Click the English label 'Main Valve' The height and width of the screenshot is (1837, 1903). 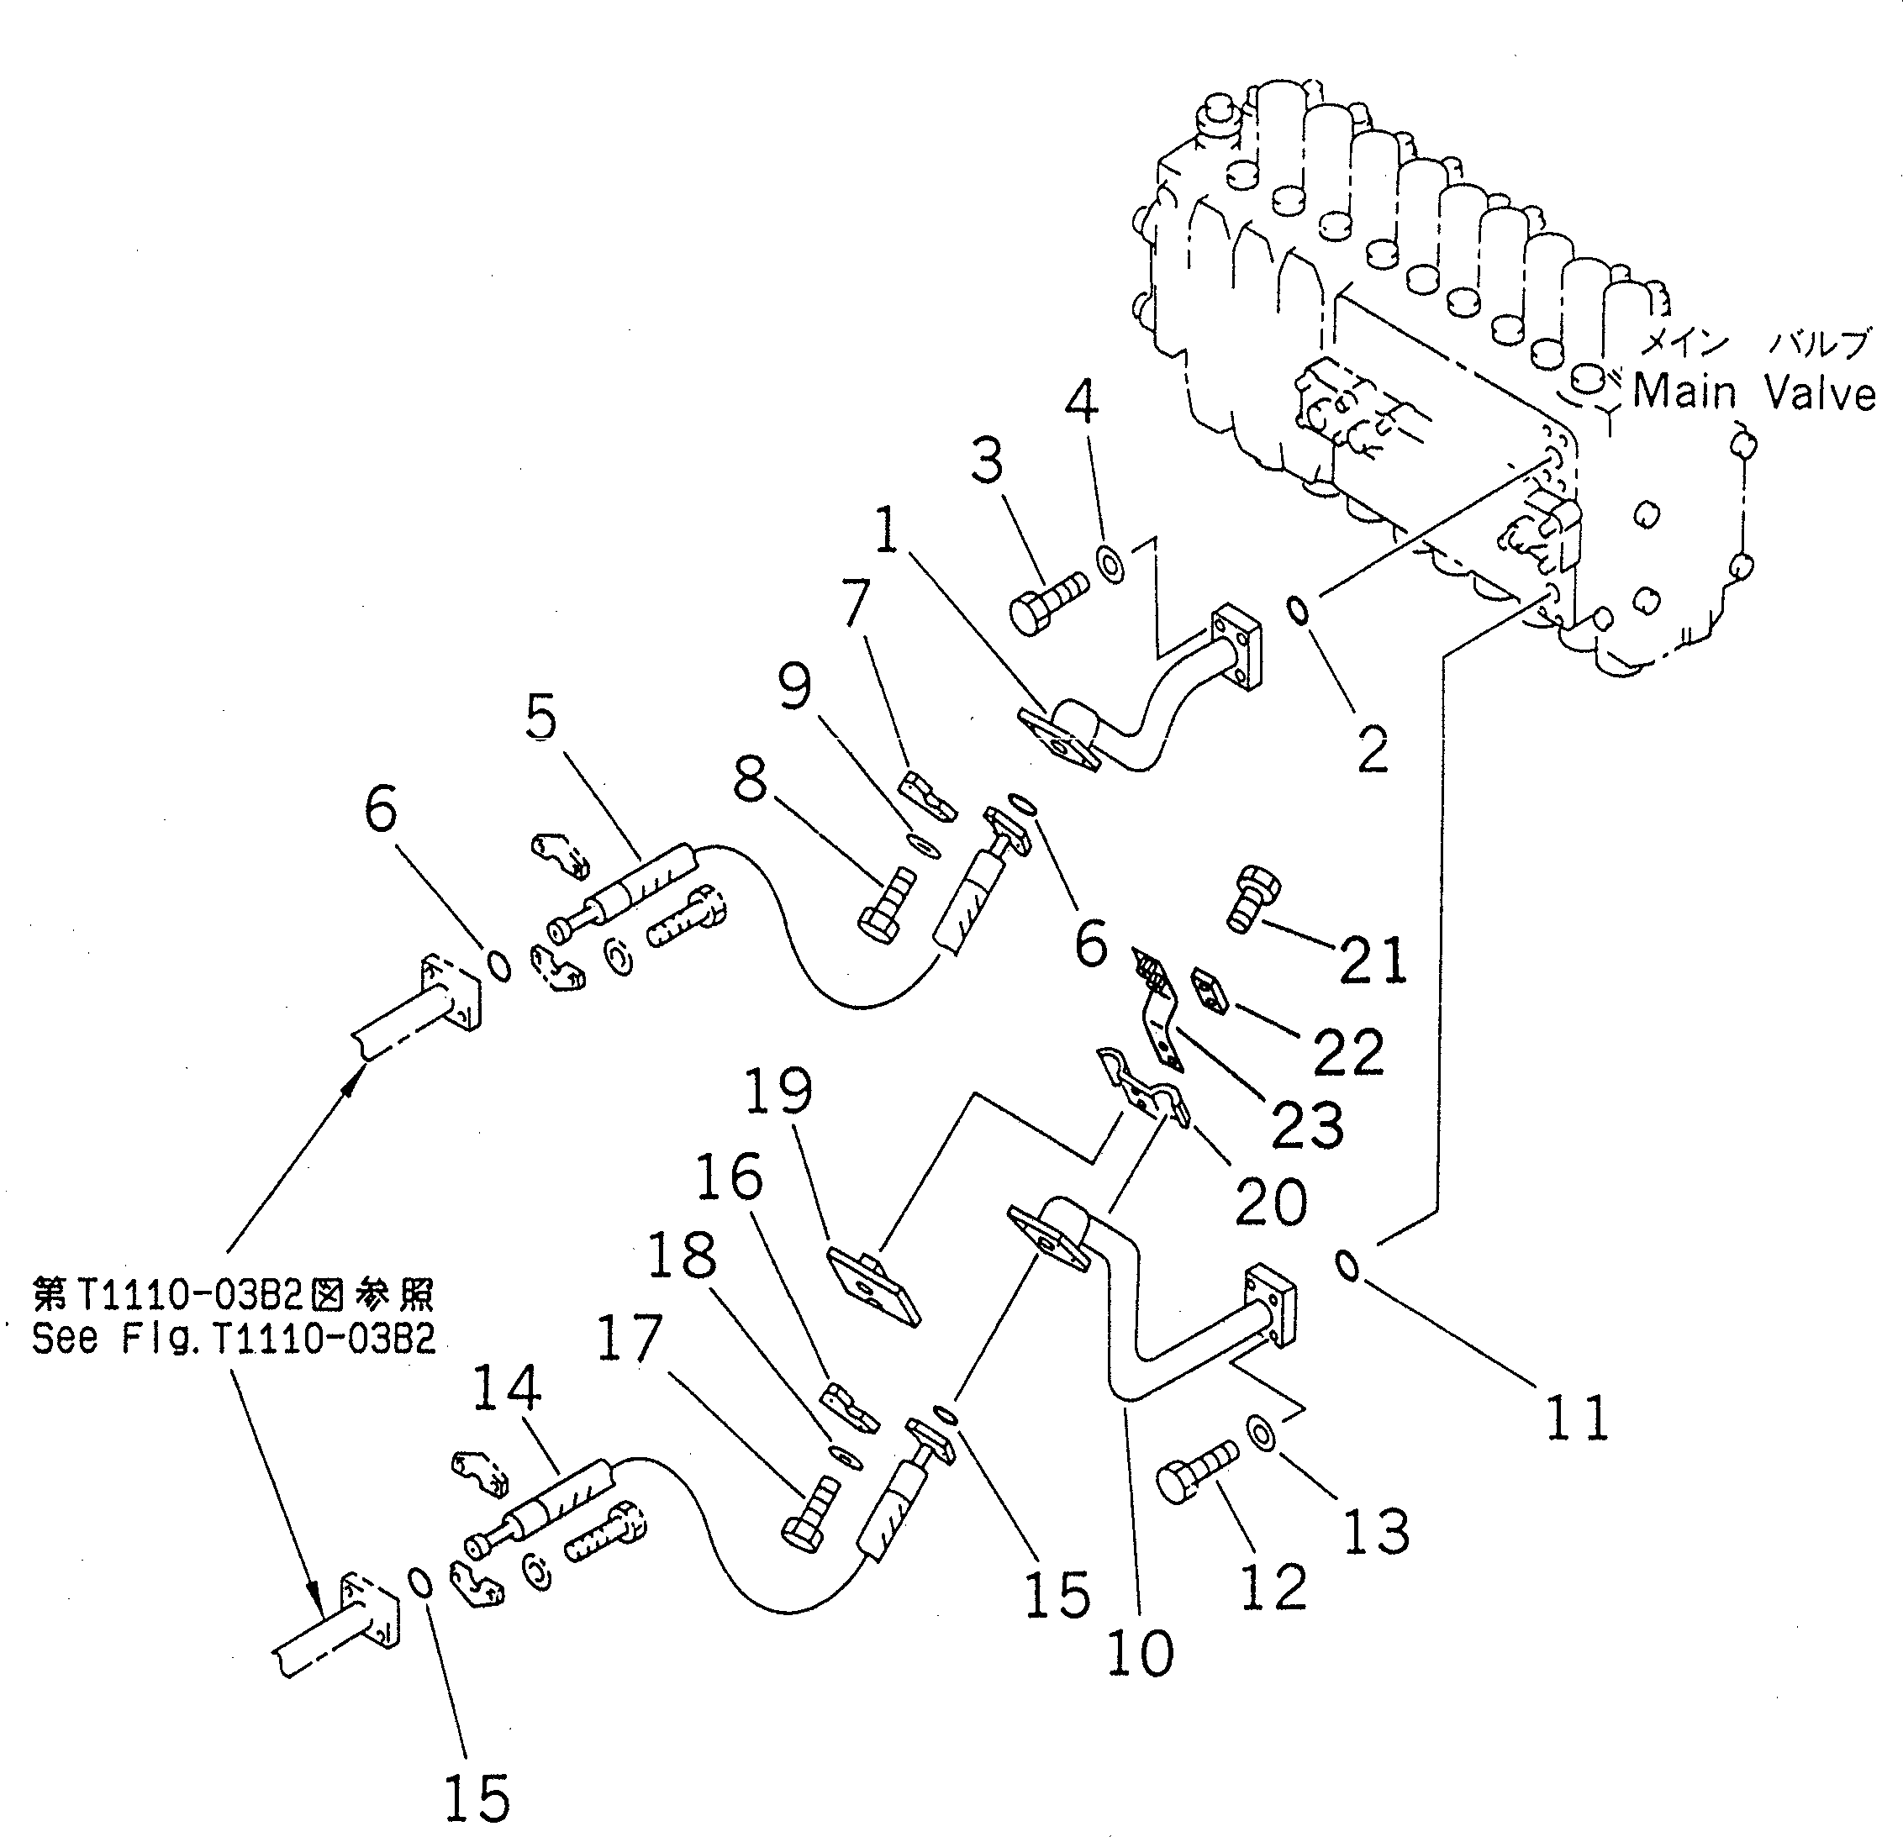click(1753, 392)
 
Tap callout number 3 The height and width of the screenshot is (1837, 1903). click(988, 461)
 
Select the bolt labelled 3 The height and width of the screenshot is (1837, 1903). click(1046, 601)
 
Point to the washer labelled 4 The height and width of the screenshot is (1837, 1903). click(1110, 563)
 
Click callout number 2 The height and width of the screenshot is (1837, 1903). click(1372, 748)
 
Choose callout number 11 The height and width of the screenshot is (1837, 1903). click(1577, 1418)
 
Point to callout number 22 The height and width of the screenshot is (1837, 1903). click(1347, 1050)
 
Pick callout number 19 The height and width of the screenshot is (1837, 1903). click(778, 1092)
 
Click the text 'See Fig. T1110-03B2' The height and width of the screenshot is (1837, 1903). click(234, 1340)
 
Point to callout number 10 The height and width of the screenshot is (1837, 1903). click(1140, 1652)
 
